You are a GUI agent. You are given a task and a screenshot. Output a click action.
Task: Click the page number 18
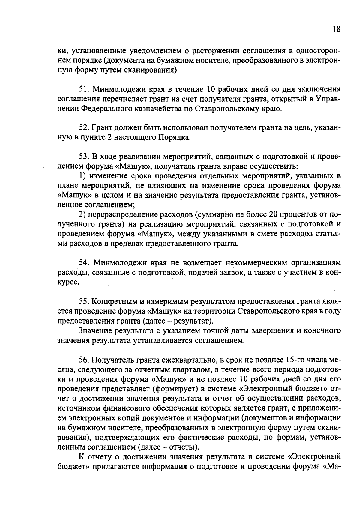click(x=336, y=29)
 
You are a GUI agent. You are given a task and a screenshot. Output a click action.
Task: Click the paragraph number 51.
click(x=84, y=89)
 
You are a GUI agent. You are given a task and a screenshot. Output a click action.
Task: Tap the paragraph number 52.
click(x=84, y=128)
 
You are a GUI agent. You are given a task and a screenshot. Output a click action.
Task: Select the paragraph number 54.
click(x=84, y=263)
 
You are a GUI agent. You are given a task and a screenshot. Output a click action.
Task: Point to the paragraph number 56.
click(x=84, y=359)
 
